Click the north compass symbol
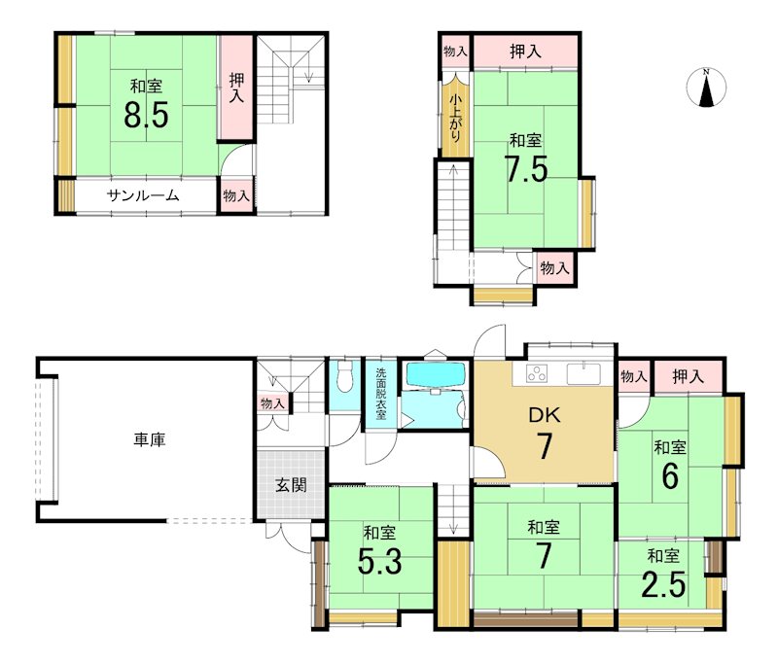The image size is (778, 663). coord(707,87)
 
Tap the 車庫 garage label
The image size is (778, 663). coord(150,439)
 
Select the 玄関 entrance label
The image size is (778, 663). coord(291,485)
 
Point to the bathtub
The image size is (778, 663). coord(436,375)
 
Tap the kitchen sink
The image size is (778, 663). coord(583,374)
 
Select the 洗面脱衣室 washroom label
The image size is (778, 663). coord(380,394)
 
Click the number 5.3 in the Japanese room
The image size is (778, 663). coord(380,563)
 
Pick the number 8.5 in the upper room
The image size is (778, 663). coord(147,115)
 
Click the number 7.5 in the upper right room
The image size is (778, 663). coord(526,169)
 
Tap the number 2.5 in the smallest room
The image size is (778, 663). coord(663,585)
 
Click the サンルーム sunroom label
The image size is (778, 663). coord(143,195)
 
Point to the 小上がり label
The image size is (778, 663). coord(454,119)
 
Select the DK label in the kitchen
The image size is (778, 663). coord(545,415)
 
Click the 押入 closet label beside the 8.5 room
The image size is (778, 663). coord(236,87)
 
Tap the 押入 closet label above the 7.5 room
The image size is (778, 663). coord(525,52)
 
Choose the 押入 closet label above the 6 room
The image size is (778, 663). coord(689,377)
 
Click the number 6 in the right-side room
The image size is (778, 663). coord(670,476)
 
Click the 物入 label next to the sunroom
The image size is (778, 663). coord(236,195)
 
